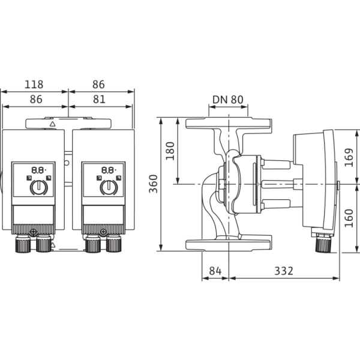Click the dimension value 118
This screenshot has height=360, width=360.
[34, 85]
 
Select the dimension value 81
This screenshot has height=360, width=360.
[99, 100]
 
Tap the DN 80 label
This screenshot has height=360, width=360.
[228, 100]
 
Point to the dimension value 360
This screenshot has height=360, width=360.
[154, 184]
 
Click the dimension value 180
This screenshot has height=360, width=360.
[170, 151]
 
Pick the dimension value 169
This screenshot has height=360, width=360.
[349, 157]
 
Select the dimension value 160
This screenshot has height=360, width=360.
[349, 218]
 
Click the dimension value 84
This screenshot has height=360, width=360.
[215, 271]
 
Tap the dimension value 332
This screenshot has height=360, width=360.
[284, 271]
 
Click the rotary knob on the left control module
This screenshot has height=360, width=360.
[38, 187]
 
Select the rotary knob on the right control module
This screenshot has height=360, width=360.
[109, 187]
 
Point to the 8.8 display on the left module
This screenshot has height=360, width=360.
[38, 170]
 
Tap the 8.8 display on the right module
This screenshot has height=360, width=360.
[109, 170]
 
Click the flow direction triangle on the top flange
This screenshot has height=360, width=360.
[53, 124]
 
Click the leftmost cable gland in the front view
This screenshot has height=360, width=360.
[23, 244]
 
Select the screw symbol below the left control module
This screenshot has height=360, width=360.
[34, 232]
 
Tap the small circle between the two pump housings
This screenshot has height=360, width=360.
[67, 163]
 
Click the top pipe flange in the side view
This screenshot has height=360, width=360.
[229, 123]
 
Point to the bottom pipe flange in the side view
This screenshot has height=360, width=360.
[229, 245]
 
